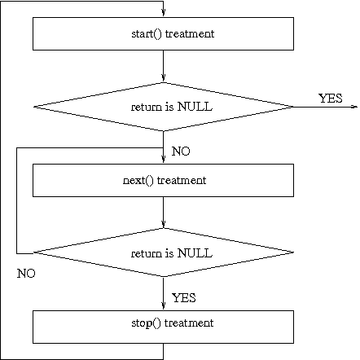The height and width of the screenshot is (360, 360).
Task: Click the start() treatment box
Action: click(163, 33)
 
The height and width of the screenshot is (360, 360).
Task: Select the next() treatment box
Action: click(163, 180)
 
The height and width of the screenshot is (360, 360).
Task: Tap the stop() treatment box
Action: click(163, 327)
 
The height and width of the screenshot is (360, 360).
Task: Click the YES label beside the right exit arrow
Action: click(331, 99)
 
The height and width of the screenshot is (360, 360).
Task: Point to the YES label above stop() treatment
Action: click(184, 298)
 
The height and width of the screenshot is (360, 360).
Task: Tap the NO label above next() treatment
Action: click(181, 151)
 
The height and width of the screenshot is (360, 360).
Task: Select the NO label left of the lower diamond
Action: click(26, 274)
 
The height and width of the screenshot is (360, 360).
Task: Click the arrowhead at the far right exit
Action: click(355, 107)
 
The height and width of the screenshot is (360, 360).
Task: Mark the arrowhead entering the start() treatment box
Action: click(163, 12)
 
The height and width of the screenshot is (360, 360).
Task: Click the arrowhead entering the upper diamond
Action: click(163, 77)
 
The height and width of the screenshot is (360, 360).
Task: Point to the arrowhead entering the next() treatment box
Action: click(163, 159)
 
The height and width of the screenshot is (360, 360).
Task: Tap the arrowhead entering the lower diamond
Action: click(163, 224)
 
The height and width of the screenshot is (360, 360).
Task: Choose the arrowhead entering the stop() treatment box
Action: click(163, 305)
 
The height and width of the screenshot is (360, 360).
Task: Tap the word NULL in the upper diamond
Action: click(195, 107)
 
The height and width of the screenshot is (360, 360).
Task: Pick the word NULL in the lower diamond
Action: click(195, 253)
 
